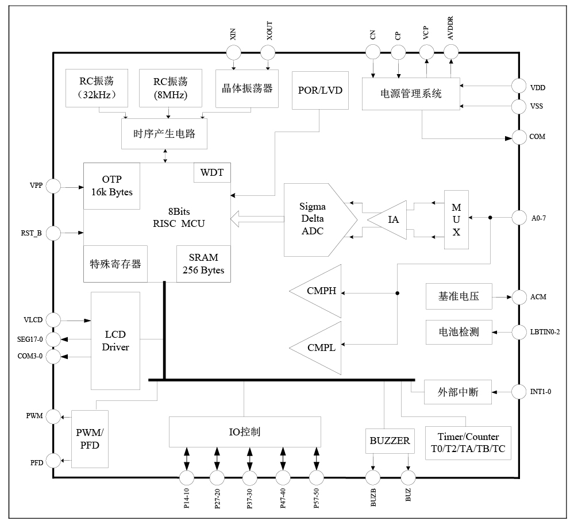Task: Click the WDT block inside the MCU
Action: (212, 172)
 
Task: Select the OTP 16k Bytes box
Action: (112, 186)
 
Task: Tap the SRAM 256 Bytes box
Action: (203, 264)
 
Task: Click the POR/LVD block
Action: (320, 90)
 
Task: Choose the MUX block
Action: (456, 219)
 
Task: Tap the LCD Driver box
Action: (115, 341)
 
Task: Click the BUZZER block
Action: (390, 441)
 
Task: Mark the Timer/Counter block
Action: (468, 442)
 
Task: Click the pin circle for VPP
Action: (53, 186)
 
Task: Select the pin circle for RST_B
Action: (53, 233)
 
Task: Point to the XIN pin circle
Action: (233, 53)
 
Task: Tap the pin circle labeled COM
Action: (520, 137)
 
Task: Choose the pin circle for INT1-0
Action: (520, 392)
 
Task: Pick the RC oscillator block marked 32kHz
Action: (94, 88)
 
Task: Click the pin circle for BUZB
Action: (373, 477)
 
